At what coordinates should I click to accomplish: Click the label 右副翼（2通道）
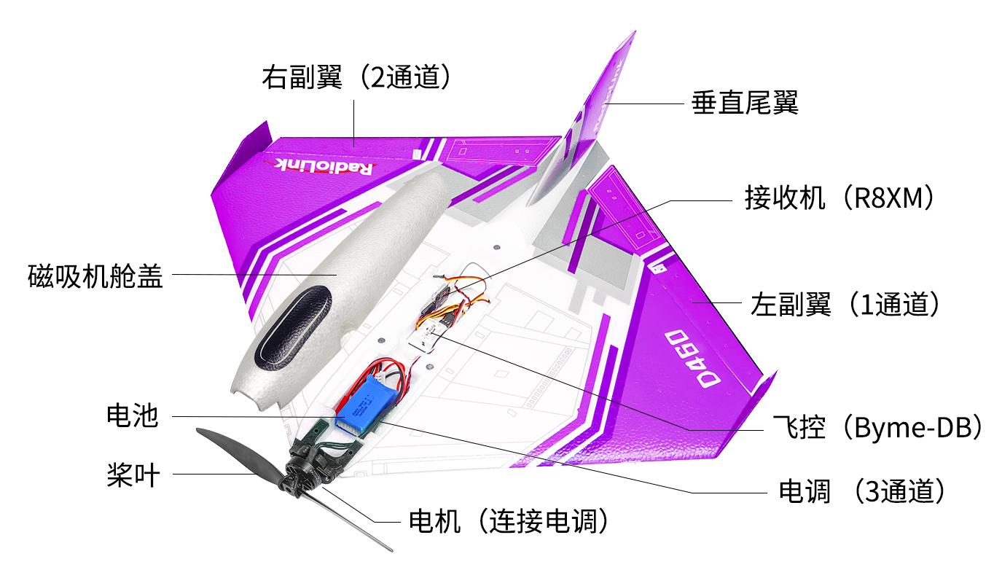356,77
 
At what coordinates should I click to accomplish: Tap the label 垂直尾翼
745,103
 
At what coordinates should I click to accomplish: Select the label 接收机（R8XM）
839,198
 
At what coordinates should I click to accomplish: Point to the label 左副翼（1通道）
845,304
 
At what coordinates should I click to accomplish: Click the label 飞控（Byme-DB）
877,427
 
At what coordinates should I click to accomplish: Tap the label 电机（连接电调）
509,520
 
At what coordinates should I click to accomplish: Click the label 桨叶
133,474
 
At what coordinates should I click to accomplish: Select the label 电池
133,415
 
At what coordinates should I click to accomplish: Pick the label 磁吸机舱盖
95,276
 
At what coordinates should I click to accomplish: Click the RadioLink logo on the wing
319,167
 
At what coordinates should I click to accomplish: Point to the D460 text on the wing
692,358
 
